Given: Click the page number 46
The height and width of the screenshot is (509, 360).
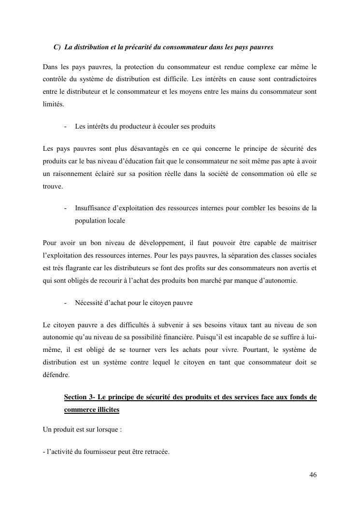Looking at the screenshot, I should [313, 474].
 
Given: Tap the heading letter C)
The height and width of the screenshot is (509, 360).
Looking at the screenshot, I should [57, 47].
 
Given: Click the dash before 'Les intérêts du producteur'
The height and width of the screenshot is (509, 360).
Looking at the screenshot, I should [65, 126].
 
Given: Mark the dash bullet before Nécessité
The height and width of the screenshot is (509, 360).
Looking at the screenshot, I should [65, 303].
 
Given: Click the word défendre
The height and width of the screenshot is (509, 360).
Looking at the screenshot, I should [56, 375].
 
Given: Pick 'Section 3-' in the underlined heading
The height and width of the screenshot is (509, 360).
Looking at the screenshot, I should [79, 397].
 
